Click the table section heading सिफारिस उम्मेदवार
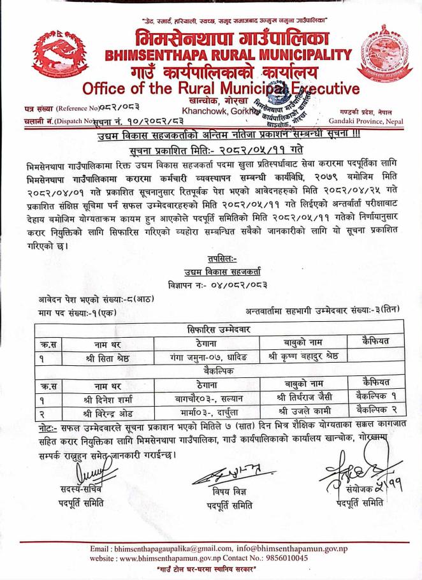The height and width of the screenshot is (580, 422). (x=210, y=330)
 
